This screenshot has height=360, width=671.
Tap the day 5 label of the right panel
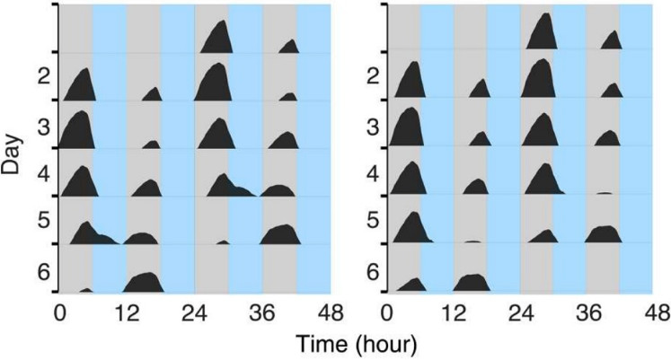[x=370, y=221]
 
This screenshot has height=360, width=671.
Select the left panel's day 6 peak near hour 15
[x=141, y=281]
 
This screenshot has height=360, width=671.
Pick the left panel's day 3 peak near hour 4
[x=78, y=128]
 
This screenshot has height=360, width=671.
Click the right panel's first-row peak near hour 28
[x=542, y=31]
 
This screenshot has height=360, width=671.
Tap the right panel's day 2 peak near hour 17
[x=481, y=89]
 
